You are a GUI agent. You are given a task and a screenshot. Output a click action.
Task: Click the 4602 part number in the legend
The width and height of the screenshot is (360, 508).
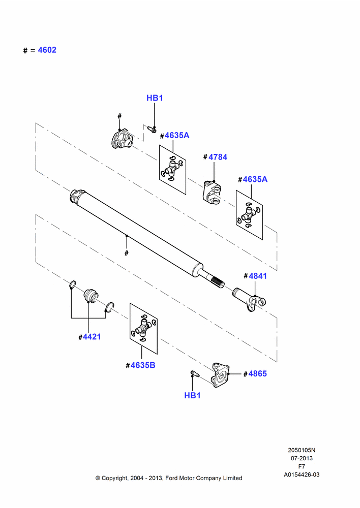click(47, 50)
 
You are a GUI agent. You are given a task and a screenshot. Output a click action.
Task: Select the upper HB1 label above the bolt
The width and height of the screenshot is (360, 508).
click(155, 98)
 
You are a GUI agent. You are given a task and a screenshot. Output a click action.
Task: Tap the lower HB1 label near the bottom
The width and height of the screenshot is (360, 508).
click(192, 395)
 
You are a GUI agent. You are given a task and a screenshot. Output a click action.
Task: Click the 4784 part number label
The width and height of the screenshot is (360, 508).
click(218, 157)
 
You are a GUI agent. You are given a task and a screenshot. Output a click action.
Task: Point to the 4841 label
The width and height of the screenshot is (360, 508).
click(257, 276)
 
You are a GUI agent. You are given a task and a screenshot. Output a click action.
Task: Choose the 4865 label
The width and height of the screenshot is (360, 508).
click(257, 373)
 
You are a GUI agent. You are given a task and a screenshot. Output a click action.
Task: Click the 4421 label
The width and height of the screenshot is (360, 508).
click(92, 337)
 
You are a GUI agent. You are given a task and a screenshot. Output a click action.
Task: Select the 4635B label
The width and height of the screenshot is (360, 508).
click(143, 365)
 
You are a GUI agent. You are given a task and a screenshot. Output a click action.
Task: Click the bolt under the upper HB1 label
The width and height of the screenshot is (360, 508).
click(152, 129)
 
